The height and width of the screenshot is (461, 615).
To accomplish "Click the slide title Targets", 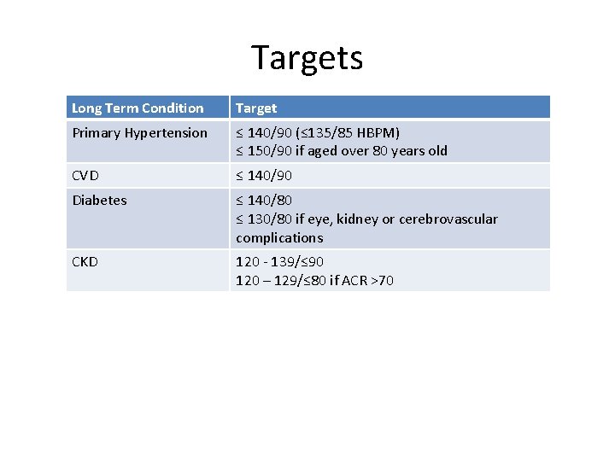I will pyautogui.click(x=307, y=57).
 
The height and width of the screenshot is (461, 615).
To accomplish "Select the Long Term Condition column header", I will pyautogui.click(x=138, y=108).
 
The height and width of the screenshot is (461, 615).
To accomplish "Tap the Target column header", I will pyautogui.click(x=256, y=108).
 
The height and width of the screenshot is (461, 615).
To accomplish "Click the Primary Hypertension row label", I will pyautogui.click(x=139, y=132).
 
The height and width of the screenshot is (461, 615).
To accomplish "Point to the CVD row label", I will pyautogui.click(x=85, y=175).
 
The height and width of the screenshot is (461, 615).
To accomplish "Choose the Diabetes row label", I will pyautogui.click(x=99, y=200).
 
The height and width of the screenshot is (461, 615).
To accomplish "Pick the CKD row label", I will pyautogui.click(x=85, y=261).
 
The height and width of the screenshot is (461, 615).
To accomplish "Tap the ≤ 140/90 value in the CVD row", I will pyautogui.click(x=264, y=175).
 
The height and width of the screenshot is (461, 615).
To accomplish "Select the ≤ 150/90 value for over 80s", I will pyautogui.click(x=264, y=151).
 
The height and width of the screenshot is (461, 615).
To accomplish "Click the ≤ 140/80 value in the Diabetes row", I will pyautogui.click(x=264, y=200).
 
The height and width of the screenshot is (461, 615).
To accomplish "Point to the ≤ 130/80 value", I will pyautogui.click(x=264, y=219).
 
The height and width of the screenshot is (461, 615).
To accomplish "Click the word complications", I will pyautogui.click(x=279, y=237).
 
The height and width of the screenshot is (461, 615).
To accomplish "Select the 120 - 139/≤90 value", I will pyautogui.click(x=279, y=261).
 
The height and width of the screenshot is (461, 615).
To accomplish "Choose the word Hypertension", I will pyautogui.click(x=164, y=132).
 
